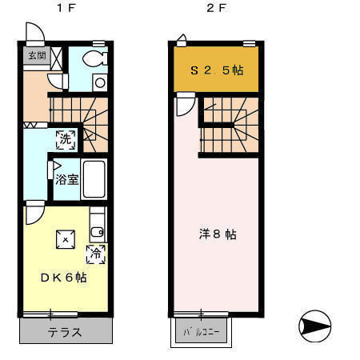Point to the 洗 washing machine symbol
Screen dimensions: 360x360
point(66,138)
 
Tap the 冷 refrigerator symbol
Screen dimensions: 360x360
point(95,254)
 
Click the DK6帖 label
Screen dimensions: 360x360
point(63,277)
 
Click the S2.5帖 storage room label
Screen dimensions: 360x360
point(216,70)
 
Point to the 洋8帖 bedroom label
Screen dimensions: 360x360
point(217,234)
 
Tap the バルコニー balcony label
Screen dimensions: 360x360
point(201,330)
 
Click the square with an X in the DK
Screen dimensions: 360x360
point(65,238)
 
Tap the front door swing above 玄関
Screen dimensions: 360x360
point(35,34)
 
